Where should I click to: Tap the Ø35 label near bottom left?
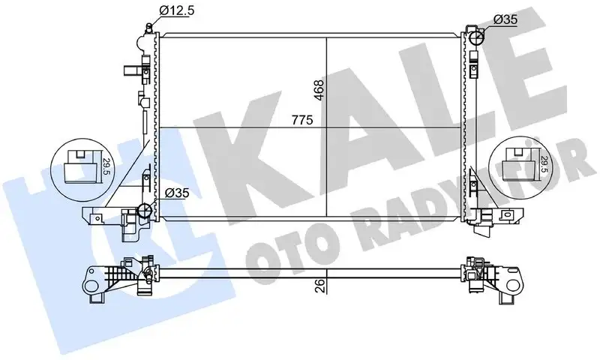178,193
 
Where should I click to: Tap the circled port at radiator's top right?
476,34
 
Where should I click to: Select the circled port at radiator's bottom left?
147,211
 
